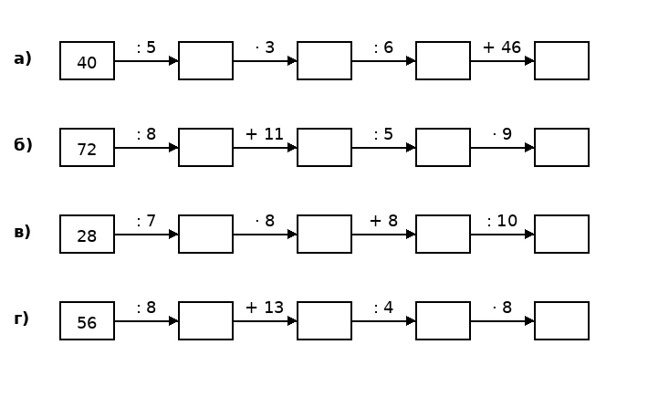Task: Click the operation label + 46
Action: coord(502,47)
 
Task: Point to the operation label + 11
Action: coord(265,134)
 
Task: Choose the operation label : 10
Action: coord(502,221)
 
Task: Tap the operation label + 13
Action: coord(265,308)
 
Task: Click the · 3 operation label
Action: coord(265,47)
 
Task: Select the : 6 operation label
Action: coord(383,47)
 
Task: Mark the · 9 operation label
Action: coord(502,134)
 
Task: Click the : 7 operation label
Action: coord(146,221)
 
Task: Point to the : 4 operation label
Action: coord(383,308)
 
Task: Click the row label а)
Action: coord(23,58)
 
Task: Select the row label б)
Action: coord(23,144)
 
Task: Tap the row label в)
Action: coord(22,232)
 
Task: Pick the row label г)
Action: coord(22,319)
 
